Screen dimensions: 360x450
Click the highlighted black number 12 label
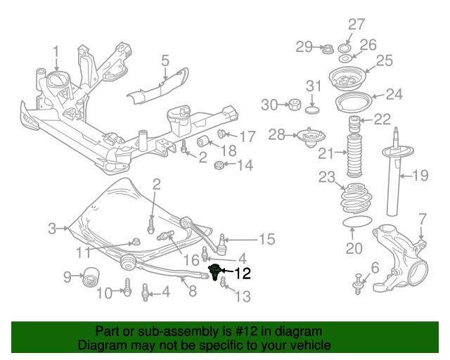pyautogui.click(x=242, y=273)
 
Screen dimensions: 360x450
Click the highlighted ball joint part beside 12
pyautogui.click(x=216, y=270)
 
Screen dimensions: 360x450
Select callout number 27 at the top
pyautogui.click(x=356, y=25)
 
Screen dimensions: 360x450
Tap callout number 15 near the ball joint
pyautogui.click(x=266, y=240)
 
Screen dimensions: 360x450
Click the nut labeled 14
pyautogui.click(x=219, y=166)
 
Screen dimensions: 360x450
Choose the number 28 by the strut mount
pyautogui.click(x=277, y=134)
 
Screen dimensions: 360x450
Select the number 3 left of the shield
pyautogui.click(x=52, y=228)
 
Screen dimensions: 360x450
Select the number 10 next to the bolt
pyautogui.click(x=104, y=293)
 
